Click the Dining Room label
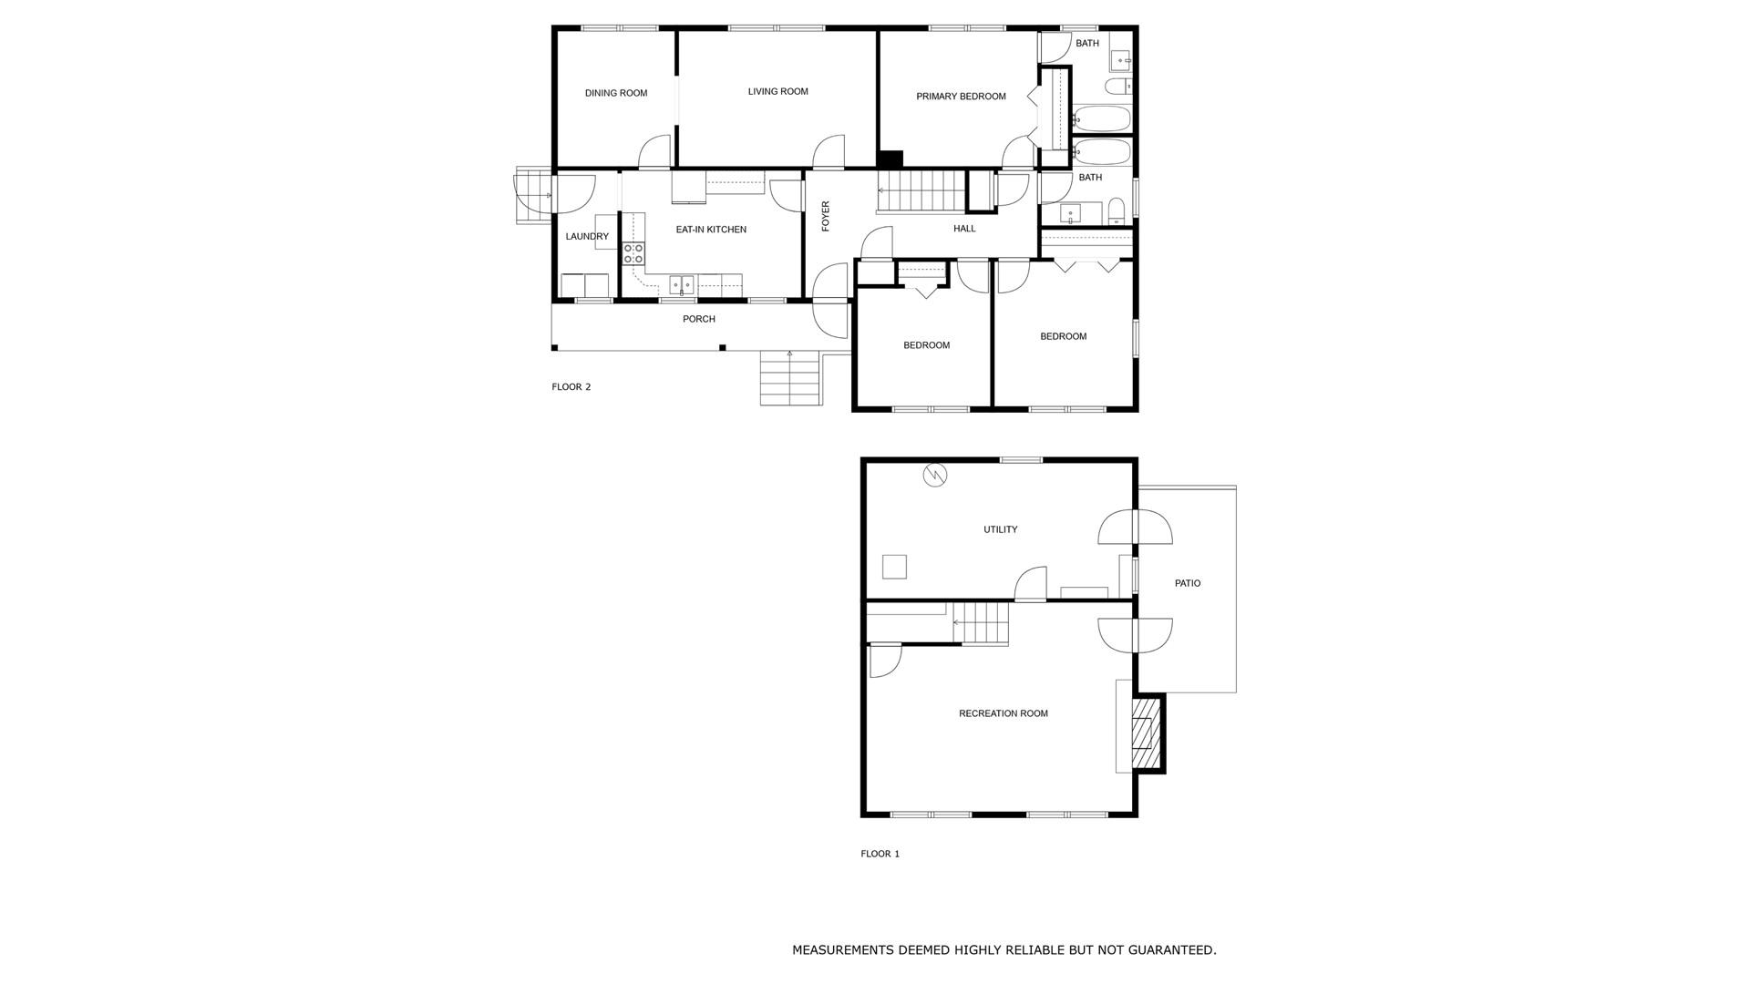click(616, 93)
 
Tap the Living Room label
click(777, 91)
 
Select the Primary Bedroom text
click(961, 97)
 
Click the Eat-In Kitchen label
click(711, 230)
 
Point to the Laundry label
click(587, 237)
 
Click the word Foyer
click(826, 216)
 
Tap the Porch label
click(699, 319)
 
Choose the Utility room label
click(1000, 529)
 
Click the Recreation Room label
click(1003, 713)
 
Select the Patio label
click(1188, 583)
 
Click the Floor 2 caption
click(571, 387)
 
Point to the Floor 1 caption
click(880, 854)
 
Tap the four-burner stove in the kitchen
click(633, 253)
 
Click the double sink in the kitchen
click(682, 285)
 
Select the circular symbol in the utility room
click(935, 475)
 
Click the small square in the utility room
click(894, 567)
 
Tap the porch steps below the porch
click(791, 378)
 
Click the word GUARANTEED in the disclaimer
click(1171, 950)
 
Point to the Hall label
click(964, 229)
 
